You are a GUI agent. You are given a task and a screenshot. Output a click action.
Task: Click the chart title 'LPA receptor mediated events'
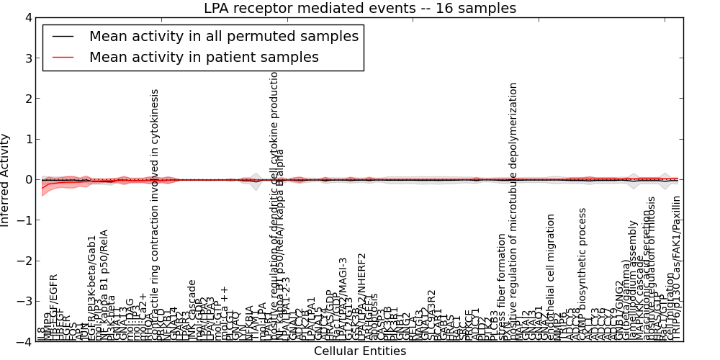[x=360, y=9]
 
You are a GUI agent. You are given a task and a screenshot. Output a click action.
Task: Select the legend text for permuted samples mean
[x=223, y=35]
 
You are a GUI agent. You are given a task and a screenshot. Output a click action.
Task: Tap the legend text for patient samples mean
[x=204, y=57]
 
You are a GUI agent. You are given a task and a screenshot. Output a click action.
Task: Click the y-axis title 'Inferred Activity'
[x=6, y=180]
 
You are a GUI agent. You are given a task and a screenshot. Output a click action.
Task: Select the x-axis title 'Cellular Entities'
[x=360, y=351]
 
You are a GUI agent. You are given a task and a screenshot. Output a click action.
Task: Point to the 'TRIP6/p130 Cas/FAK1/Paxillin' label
[x=676, y=268]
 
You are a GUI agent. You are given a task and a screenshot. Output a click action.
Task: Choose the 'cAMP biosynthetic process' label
[x=583, y=274]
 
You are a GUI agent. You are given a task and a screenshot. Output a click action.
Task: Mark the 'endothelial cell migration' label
[x=551, y=277]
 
